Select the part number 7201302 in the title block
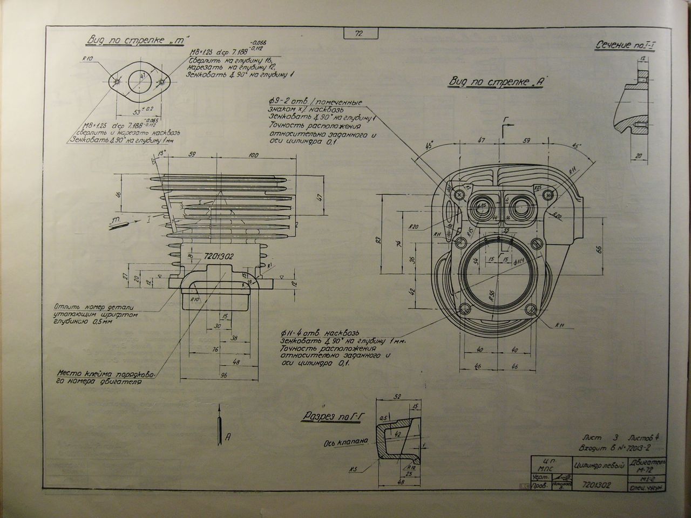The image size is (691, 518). (x=597, y=485)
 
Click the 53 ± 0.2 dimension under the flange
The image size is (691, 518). (x=141, y=112)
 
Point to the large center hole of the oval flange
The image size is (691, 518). (x=139, y=82)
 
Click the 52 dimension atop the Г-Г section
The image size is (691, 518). (x=398, y=397)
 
